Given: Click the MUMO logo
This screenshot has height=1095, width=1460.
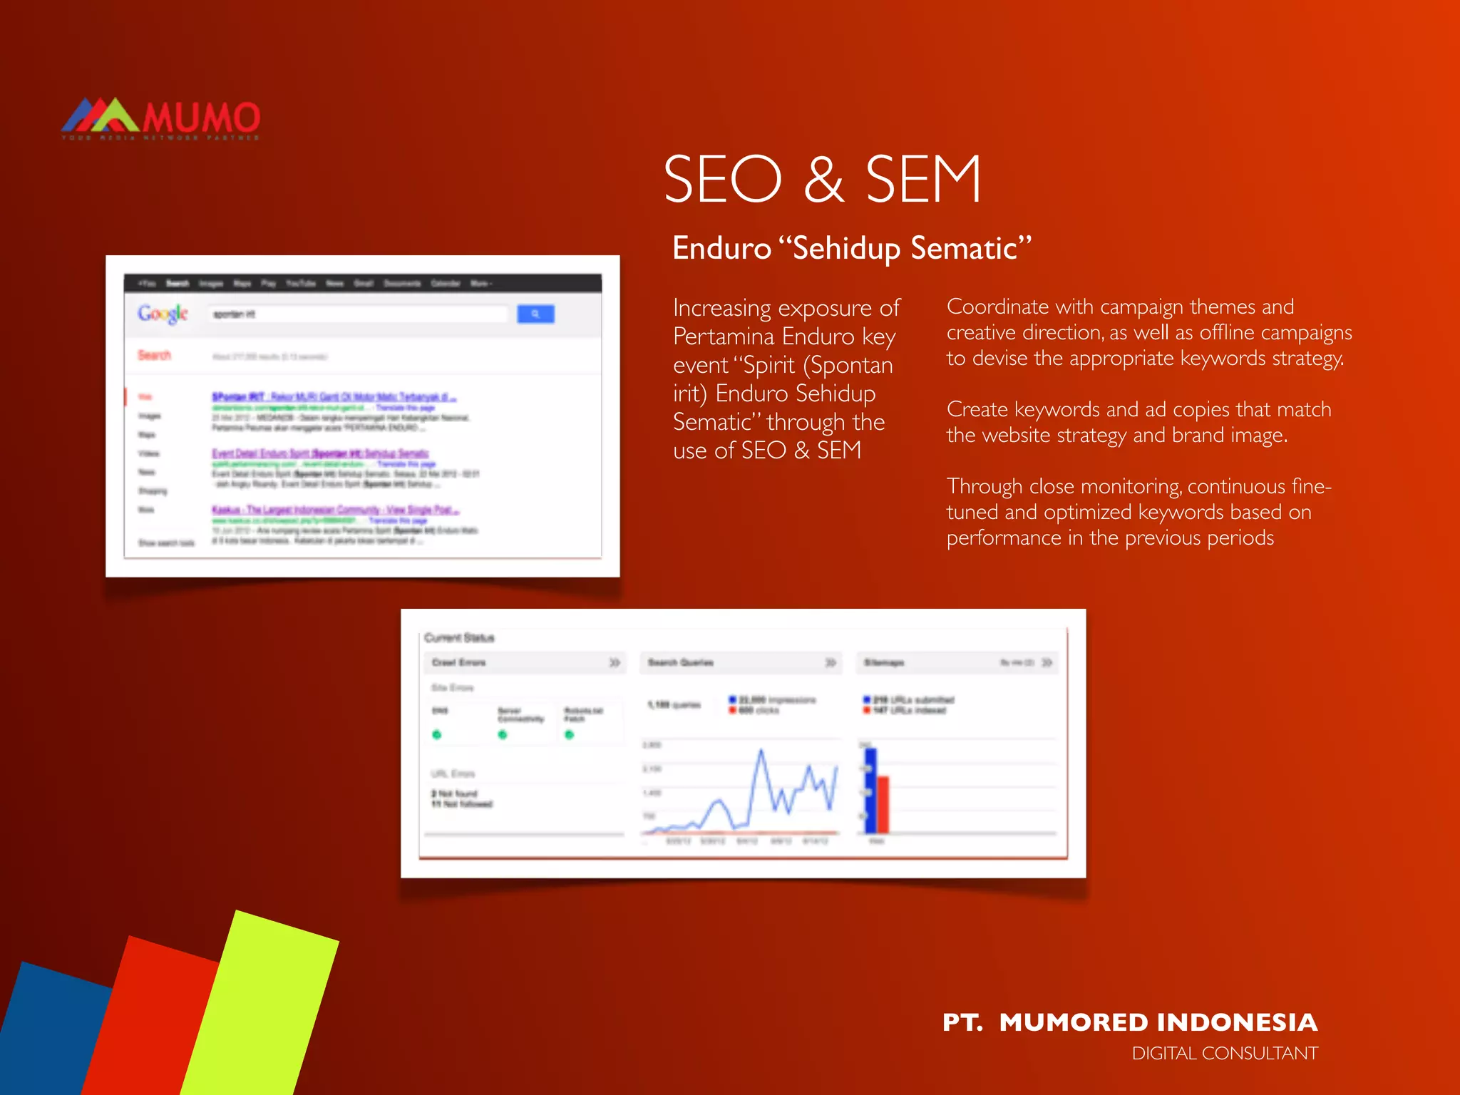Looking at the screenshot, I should (x=160, y=118).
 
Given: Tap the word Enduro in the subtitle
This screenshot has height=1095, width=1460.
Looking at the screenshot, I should (x=721, y=249).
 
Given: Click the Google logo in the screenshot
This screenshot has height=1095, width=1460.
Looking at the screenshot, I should (x=163, y=314).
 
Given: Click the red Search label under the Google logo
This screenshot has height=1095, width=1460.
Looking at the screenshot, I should (x=154, y=355).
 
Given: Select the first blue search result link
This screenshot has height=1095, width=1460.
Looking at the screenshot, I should (x=334, y=396).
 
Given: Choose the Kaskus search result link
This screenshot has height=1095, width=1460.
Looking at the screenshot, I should (x=335, y=510).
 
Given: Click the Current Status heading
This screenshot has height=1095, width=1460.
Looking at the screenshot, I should (x=459, y=637).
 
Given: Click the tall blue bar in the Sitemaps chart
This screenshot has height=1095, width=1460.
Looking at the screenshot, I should (x=870, y=790).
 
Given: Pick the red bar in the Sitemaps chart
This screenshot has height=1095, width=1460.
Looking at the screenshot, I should (x=883, y=804).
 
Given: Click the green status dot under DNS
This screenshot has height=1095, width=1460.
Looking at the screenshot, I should (x=437, y=734).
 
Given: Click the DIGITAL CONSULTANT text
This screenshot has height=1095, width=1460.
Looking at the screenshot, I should (x=1224, y=1054).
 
